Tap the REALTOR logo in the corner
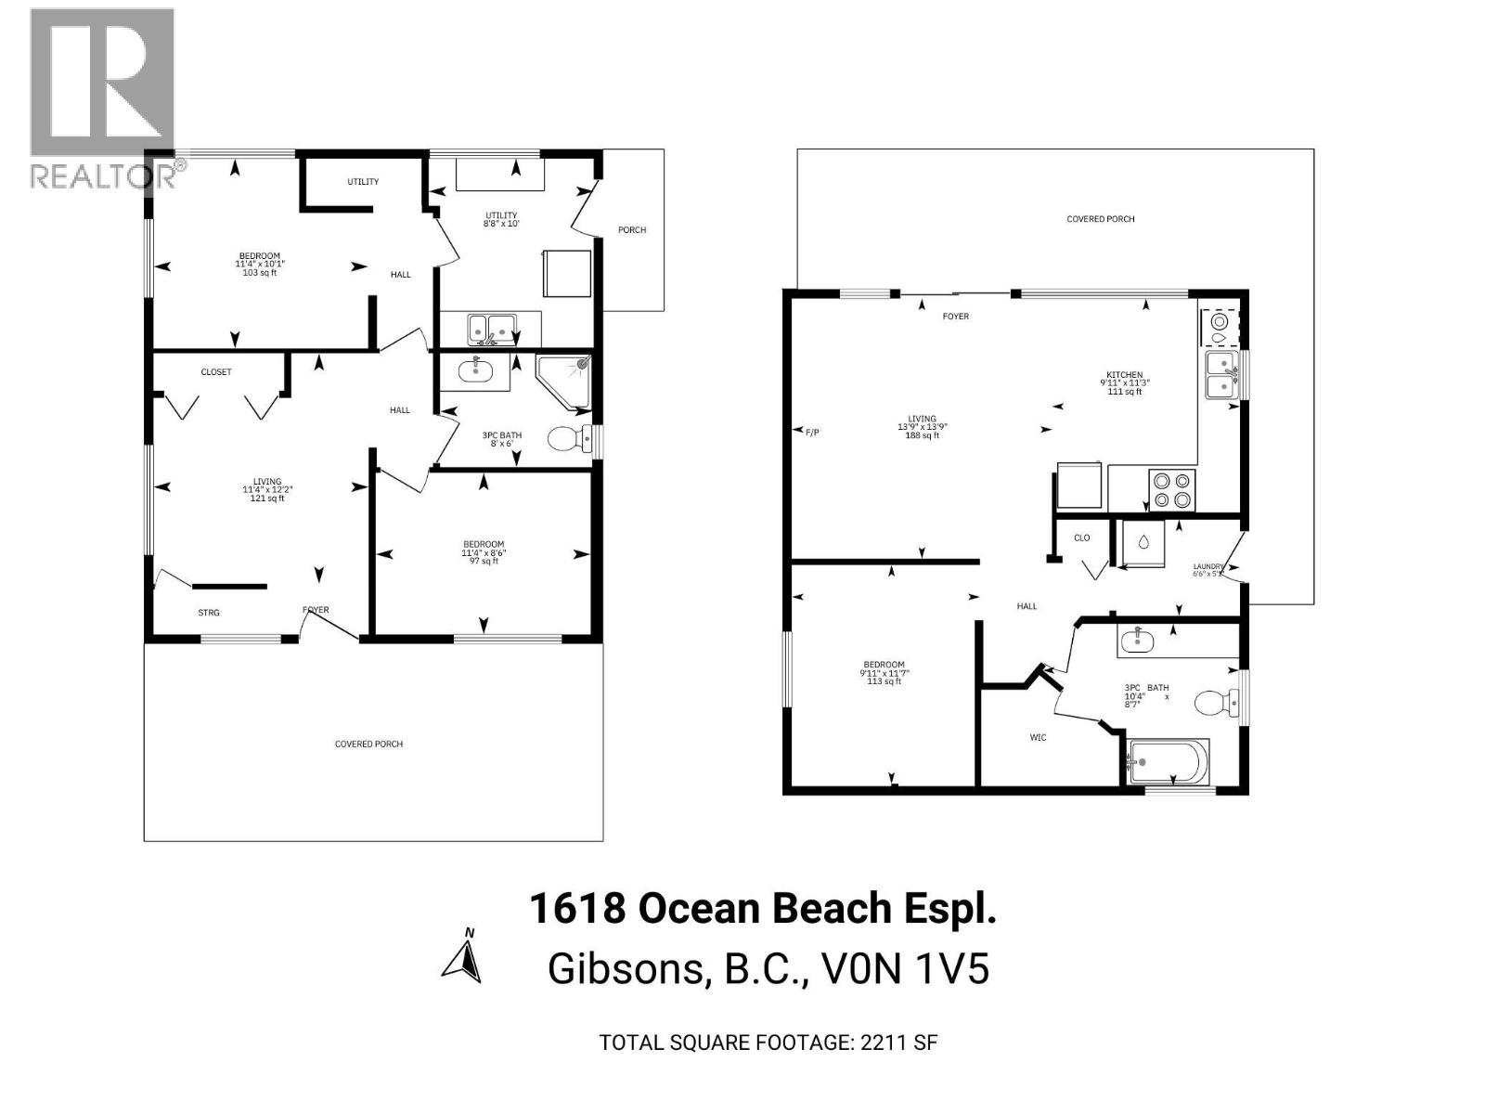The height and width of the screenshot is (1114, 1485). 102,97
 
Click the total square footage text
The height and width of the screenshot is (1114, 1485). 768,1042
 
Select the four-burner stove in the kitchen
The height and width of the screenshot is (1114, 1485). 1172,489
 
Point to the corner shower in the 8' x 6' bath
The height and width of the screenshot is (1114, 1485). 565,380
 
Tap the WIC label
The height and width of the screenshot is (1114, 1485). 1038,737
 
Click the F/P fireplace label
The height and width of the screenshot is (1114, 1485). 813,432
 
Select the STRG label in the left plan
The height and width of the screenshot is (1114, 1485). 209,613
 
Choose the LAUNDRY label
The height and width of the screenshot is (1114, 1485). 1209,567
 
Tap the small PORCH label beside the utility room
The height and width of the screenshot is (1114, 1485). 632,230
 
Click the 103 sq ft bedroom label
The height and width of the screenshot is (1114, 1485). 259,264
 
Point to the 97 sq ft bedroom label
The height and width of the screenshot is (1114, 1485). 484,552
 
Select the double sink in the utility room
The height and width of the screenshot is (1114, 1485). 492,328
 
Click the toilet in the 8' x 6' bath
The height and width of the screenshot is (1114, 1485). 568,437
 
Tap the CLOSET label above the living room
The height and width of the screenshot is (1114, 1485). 216,372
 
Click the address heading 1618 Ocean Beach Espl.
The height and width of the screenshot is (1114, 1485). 762,908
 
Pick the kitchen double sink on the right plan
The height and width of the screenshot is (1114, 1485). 1222,375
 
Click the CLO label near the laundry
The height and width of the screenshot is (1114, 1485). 1081,538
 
